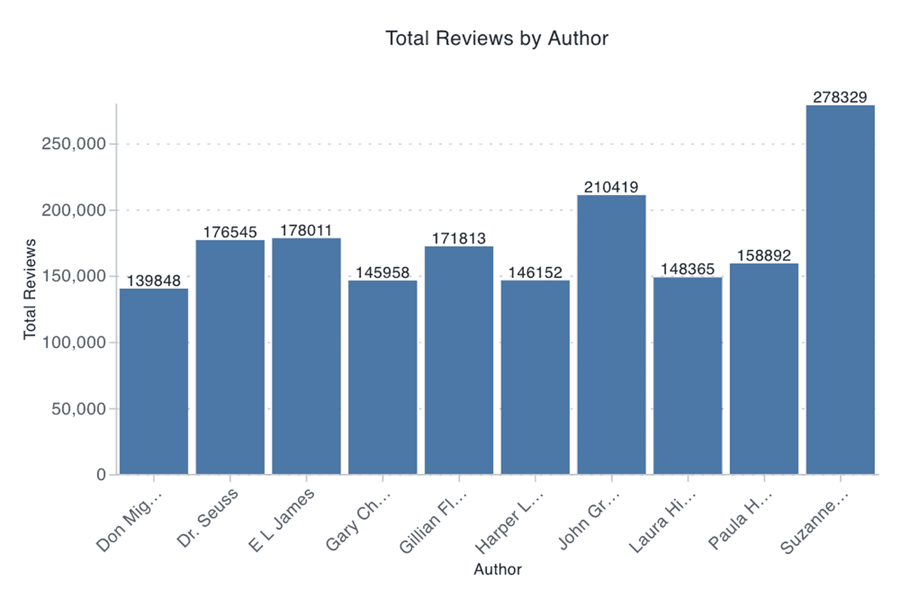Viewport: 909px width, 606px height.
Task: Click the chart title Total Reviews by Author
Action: tap(497, 39)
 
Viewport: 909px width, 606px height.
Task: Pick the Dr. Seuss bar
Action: tap(230, 357)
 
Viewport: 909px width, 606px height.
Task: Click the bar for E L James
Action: tap(307, 356)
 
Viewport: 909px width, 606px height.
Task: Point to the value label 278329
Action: tap(840, 97)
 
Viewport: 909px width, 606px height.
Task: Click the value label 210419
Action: tap(611, 187)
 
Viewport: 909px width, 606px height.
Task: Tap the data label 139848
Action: tap(154, 280)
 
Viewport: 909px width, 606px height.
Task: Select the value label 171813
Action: tap(459, 238)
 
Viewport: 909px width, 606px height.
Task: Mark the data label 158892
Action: tap(764, 255)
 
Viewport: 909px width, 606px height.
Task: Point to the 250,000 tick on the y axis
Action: tap(74, 144)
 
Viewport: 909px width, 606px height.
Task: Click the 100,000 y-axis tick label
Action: tap(74, 343)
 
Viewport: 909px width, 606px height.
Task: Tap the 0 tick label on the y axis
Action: tap(101, 475)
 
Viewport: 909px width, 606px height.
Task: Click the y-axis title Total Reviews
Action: tap(30, 289)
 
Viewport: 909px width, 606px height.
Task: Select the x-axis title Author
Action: tap(497, 569)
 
